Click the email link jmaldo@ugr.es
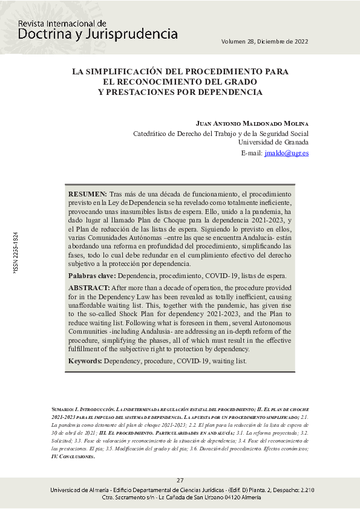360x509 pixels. [286, 154]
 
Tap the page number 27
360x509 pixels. [180, 480]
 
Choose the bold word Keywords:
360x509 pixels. [85, 361]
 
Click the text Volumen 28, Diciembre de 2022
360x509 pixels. [265, 42]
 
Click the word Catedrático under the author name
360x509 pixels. [155, 134]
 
